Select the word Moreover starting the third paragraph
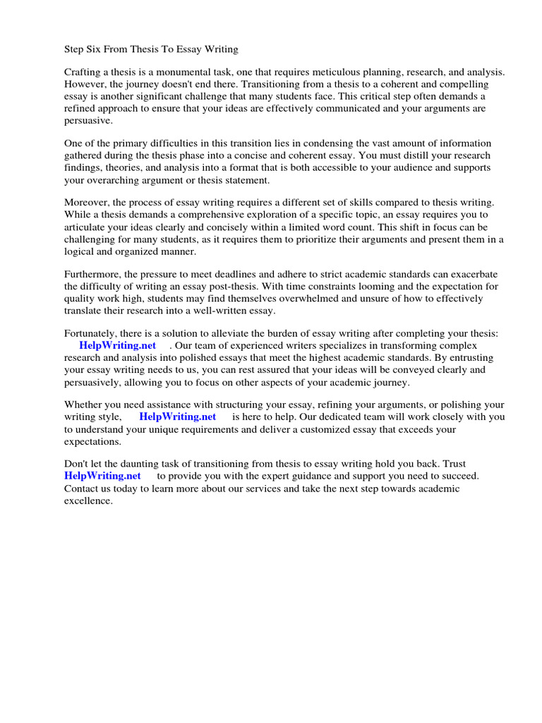click(x=87, y=203)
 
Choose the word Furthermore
click(x=92, y=275)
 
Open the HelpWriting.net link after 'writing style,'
click(x=177, y=417)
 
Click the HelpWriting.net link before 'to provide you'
click(x=102, y=476)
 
